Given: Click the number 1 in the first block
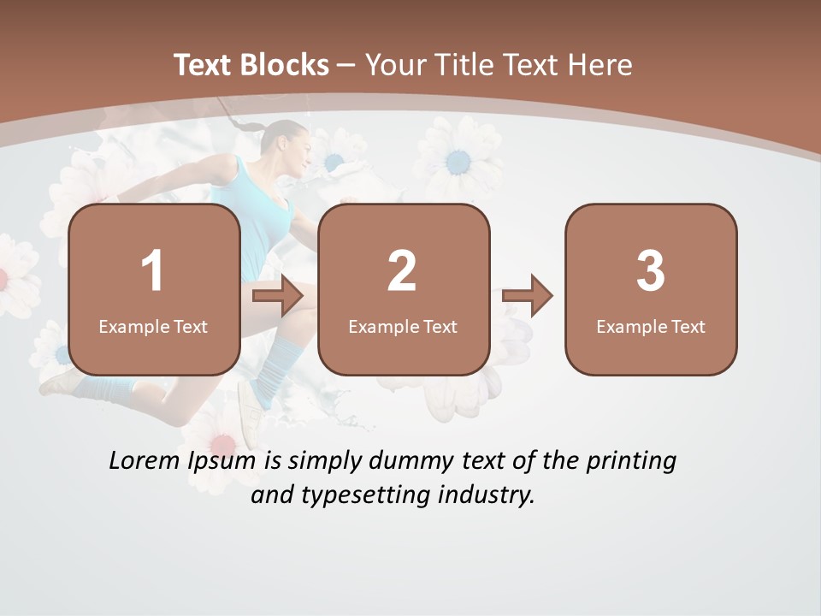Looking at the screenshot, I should [x=153, y=271].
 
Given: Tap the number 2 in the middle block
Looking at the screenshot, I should [x=402, y=271].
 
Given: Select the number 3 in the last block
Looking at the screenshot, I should [x=651, y=271].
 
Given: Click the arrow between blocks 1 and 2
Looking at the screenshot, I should [x=278, y=296].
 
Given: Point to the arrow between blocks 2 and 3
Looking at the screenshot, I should [x=528, y=296].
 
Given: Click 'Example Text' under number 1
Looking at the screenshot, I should [x=153, y=327].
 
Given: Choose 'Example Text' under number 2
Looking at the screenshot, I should [x=403, y=327].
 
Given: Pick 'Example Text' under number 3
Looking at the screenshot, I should [x=651, y=327].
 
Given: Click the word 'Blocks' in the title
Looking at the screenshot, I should [x=286, y=65].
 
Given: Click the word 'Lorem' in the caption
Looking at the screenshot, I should [x=145, y=461].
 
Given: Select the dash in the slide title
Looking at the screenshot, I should [x=346, y=65].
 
